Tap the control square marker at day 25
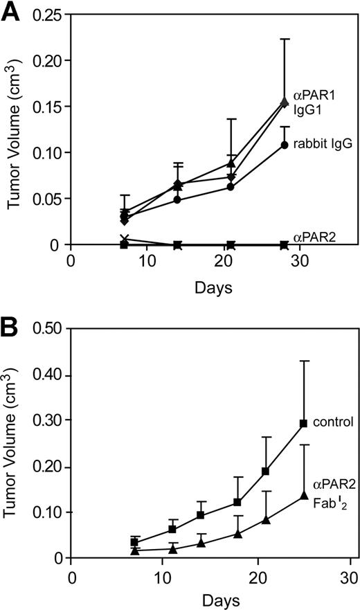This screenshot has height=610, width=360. click(284, 423)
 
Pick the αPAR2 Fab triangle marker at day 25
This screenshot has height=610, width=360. click(284, 496)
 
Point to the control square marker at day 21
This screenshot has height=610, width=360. click(265, 472)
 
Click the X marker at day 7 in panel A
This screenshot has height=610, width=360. click(124, 239)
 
